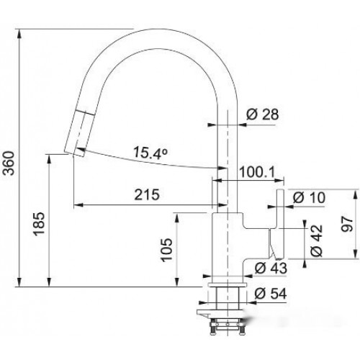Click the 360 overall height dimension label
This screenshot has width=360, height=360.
pos(9,163)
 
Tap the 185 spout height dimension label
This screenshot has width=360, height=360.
pos(39,224)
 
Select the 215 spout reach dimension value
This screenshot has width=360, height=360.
pos(147,194)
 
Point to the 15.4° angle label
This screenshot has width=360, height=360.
pos(150,153)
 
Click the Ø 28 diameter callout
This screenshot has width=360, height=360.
pos(263,114)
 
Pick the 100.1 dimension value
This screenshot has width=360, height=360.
pos(257,172)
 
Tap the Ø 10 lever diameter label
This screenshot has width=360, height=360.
pos(310,197)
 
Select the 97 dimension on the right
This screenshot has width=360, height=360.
pos(347,224)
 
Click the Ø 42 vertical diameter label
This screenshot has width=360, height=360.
pos(317,240)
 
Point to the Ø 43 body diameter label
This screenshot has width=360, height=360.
pos(271,268)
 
